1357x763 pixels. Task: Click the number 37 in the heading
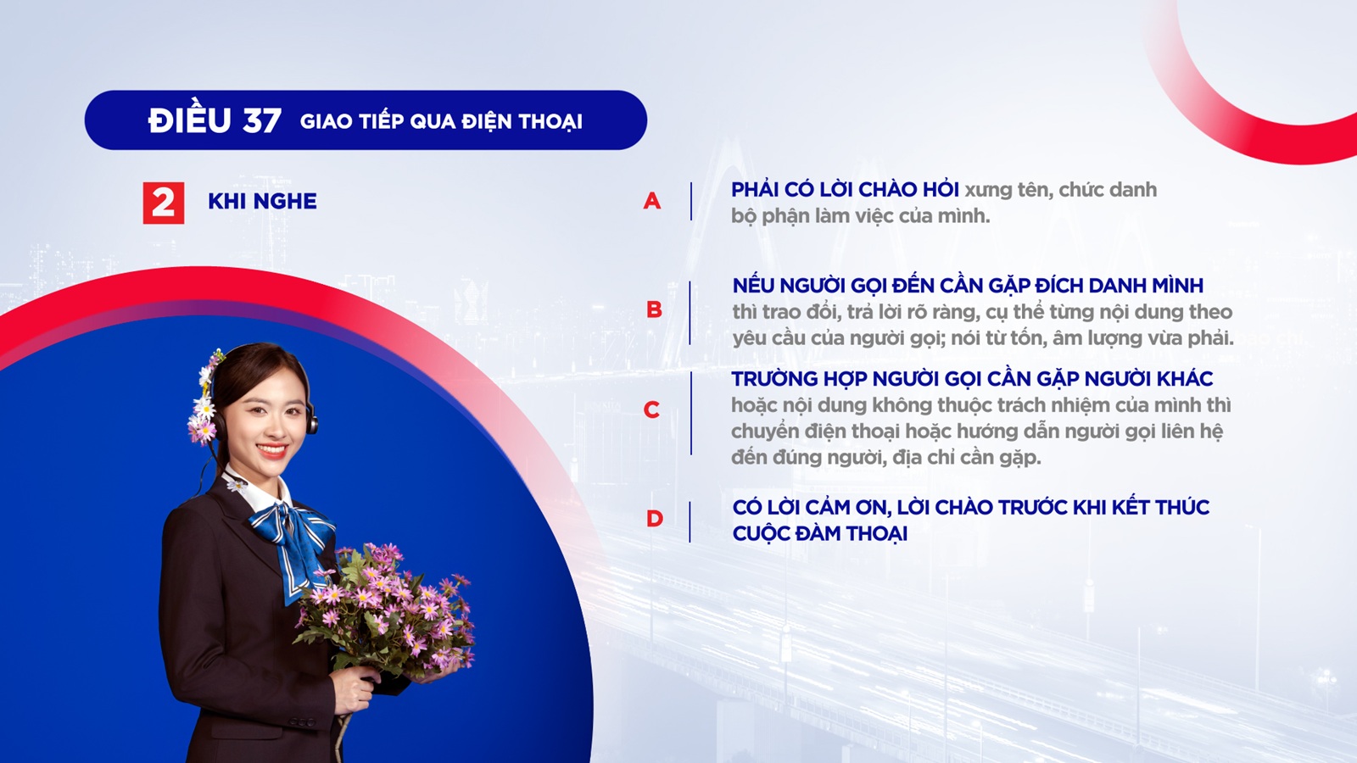coord(262,120)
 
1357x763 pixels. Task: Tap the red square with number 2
coord(164,203)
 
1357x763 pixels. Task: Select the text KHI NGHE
coord(262,201)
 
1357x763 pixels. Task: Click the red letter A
coord(652,200)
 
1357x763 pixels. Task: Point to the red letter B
coord(654,309)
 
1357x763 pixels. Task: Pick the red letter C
coord(652,410)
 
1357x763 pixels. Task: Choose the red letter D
coord(655,518)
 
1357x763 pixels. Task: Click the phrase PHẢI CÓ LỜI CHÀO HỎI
coord(845,190)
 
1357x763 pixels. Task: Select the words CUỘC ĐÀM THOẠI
coord(819,533)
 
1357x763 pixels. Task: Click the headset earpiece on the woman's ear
coord(312,420)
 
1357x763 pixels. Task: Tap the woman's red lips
coord(272,450)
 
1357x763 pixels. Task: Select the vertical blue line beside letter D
coord(690,521)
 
